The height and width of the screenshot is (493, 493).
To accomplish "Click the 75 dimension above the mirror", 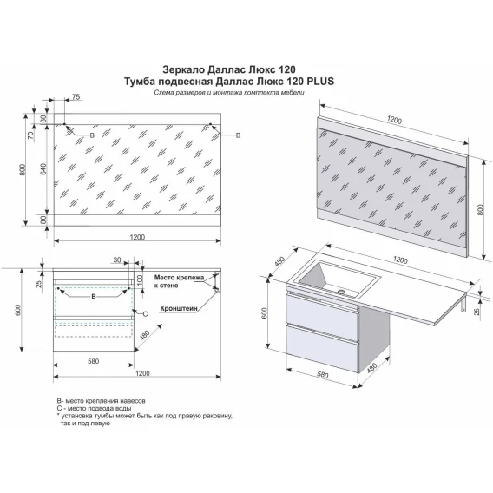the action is (x=76, y=97).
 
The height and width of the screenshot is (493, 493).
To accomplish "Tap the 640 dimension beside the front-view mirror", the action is (x=43, y=169).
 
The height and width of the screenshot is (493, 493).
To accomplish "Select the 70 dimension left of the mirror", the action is (x=30, y=135).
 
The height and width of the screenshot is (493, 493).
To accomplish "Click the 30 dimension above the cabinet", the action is (x=117, y=260).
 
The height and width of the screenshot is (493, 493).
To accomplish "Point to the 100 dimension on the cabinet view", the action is (x=141, y=279).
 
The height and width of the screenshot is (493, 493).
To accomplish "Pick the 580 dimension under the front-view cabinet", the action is (x=94, y=361).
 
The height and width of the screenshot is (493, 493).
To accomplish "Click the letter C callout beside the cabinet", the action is (x=145, y=314).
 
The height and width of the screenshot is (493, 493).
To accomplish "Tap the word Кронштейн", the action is (x=179, y=308).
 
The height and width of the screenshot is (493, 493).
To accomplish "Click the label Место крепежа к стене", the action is (x=179, y=281).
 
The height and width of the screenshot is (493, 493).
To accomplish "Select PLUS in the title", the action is (x=320, y=82).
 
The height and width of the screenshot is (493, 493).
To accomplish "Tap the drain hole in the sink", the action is (x=341, y=292).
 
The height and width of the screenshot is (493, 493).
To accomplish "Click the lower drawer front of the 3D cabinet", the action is (x=322, y=347).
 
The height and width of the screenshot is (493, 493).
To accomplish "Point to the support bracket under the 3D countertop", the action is (x=463, y=304).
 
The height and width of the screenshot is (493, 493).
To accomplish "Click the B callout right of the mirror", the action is (x=239, y=135).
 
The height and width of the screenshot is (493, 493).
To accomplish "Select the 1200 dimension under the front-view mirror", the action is (x=137, y=237).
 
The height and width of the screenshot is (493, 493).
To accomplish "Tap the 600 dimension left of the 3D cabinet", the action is (x=264, y=312).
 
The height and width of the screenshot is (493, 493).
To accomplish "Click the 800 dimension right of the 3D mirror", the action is (x=481, y=210).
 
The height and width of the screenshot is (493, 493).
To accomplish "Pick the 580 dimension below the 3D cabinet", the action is (x=323, y=375).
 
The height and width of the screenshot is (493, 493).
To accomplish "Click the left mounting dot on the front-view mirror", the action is (x=64, y=124).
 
